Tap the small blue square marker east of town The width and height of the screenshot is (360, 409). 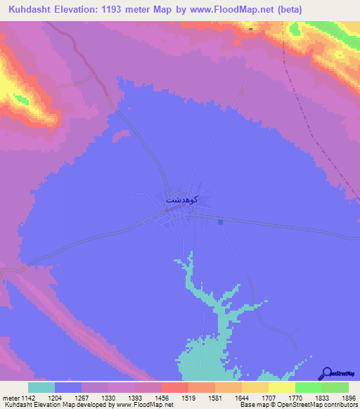point(221,222)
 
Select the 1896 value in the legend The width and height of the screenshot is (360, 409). point(348,397)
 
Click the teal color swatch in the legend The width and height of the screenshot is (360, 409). point(41,387)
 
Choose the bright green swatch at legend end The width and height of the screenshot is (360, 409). point(335,387)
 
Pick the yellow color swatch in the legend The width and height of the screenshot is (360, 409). point(281,387)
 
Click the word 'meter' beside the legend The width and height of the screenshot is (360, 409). point(8,397)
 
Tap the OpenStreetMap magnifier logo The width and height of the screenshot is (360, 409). point(326,373)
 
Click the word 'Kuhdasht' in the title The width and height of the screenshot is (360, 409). point(28,11)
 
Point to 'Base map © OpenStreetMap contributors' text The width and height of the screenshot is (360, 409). point(296,405)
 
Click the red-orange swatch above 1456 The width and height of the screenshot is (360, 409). point(174,387)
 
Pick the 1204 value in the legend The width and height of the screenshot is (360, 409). point(55,397)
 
